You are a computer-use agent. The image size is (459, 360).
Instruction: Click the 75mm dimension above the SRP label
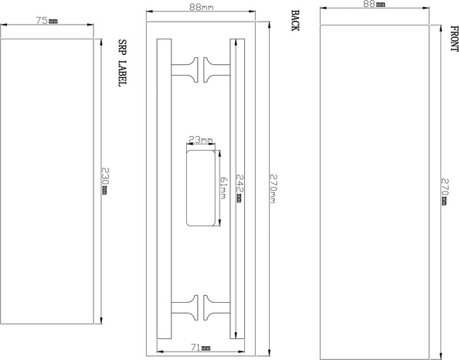pos(47,21)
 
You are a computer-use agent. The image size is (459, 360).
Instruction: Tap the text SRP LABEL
pos(121,62)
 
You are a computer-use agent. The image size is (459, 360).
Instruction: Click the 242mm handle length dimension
pos(240,186)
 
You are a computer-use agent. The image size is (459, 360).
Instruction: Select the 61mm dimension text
pos(223,188)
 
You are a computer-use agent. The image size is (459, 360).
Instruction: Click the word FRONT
pos(454,39)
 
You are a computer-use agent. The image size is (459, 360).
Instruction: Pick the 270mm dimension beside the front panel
pos(444,190)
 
